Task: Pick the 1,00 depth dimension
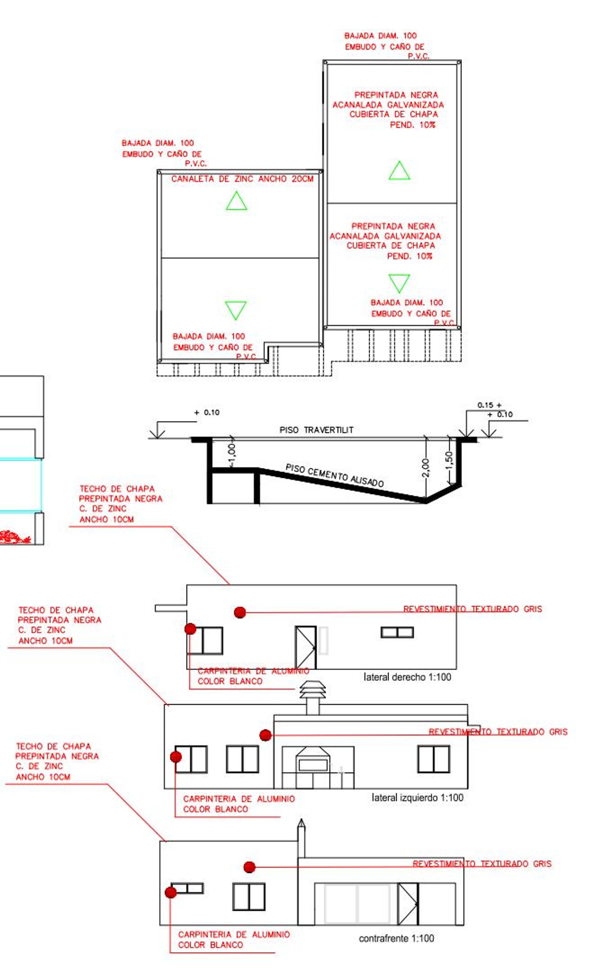click(x=232, y=455)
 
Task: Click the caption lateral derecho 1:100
click(x=407, y=677)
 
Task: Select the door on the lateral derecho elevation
click(x=305, y=647)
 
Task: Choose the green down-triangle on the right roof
click(x=399, y=283)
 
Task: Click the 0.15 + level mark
click(x=489, y=405)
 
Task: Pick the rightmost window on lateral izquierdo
click(x=434, y=759)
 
